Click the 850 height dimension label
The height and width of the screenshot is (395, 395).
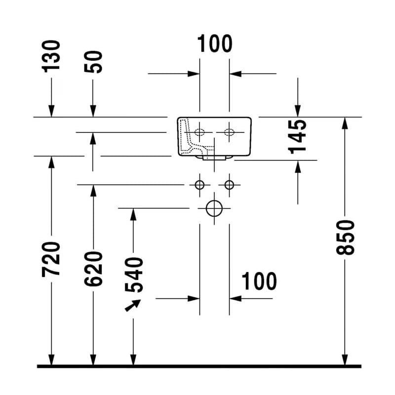point(345,237)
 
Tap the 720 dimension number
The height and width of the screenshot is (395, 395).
point(51,259)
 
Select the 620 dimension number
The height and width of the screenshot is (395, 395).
point(93,269)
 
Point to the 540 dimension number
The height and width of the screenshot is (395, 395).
point(134,275)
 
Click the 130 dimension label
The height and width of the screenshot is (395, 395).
point(51,56)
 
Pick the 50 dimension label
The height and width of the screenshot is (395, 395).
point(93,62)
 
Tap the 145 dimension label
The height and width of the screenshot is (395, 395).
point(297,137)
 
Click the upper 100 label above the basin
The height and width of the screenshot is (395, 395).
point(215,43)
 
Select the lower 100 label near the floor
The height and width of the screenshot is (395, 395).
point(259,281)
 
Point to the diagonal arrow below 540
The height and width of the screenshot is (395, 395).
point(133,306)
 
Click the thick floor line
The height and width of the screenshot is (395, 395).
point(199,366)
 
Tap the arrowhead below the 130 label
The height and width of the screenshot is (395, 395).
point(51,111)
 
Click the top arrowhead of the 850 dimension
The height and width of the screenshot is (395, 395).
point(345,123)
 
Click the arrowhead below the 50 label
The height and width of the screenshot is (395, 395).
point(93,111)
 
